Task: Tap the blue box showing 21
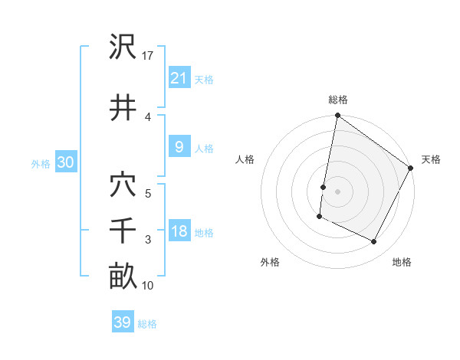[x=179, y=77]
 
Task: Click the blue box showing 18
[x=179, y=231]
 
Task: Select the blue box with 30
[x=65, y=162]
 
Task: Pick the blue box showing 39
[x=122, y=322]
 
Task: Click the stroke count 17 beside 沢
[x=148, y=56]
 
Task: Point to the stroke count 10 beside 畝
[x=148, y=286]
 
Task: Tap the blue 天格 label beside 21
[x=204, y=79]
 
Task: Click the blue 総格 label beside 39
[x=147, y=324]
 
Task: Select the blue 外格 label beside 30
[x=41, y=164]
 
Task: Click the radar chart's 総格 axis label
[x=337, y=100]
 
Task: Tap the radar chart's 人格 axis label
[x=245, y=159]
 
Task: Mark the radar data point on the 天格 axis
[x=411, y=168]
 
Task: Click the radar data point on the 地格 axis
[x=374, y=242]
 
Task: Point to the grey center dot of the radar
[x=337, y=191]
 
